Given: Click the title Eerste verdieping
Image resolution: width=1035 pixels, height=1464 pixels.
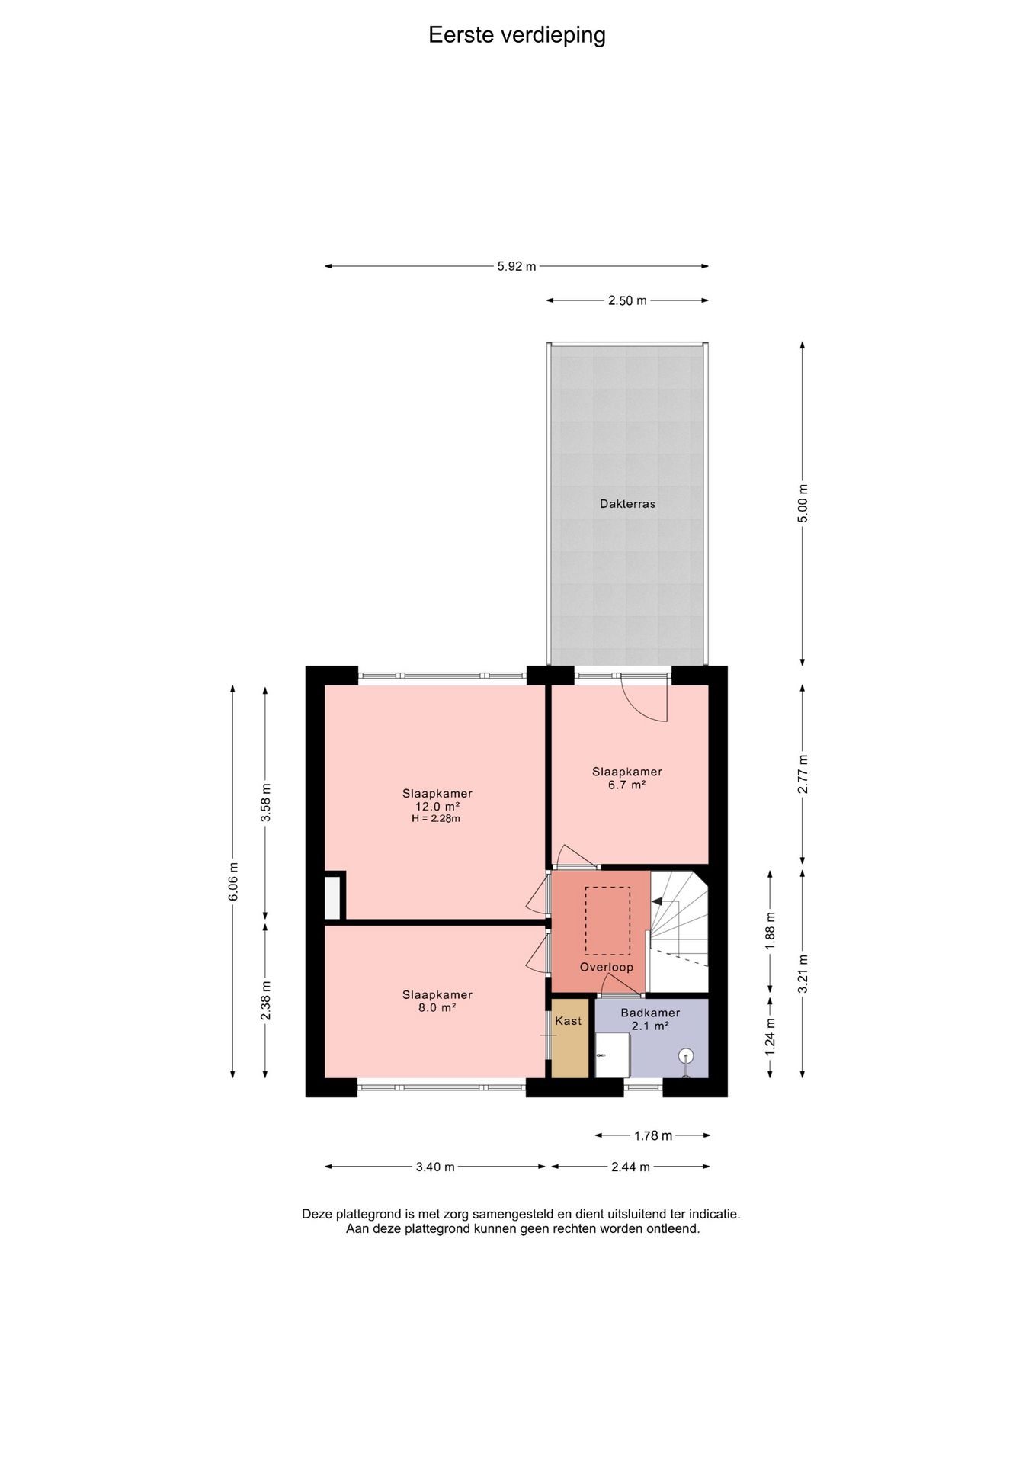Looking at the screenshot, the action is coord(517,35).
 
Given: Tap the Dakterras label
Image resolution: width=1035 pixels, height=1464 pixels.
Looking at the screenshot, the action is coord(627,503).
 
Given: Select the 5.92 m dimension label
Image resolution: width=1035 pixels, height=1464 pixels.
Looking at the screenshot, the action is coord(517,266).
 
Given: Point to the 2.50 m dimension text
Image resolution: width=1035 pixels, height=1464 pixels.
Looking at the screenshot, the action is coord(627,300).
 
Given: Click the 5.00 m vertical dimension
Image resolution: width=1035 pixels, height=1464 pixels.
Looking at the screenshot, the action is coord(802,503).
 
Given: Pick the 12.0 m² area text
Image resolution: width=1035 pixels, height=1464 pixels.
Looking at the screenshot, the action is coord(437,806).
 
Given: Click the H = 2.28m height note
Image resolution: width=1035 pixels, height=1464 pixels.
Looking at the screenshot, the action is coord(436,819).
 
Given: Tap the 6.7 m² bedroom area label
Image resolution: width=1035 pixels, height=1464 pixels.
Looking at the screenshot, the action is coord(627,784).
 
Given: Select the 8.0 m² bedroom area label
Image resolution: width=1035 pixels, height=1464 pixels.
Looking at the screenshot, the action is coord(437,1007).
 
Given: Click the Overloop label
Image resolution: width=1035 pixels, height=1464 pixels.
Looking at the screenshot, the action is coord(607,967).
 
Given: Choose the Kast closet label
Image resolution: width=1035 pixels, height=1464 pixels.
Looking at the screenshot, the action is coord(569,1020).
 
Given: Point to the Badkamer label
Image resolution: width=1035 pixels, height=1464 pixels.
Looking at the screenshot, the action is coord(650,1013).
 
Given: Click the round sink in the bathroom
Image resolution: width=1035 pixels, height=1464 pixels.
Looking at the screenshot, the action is coord(687,1056).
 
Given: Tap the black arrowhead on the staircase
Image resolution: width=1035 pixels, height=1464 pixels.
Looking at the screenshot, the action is coord(656,901).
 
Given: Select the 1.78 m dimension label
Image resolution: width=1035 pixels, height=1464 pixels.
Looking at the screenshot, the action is coord(653,1135).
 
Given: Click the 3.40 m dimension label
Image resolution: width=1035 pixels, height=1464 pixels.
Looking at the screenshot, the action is coord(435,1167).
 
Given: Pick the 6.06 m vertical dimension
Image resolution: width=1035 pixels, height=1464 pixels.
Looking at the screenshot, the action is coord(233,881).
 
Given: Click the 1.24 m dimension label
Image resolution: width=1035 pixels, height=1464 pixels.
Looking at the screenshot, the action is coord(770,1037).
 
